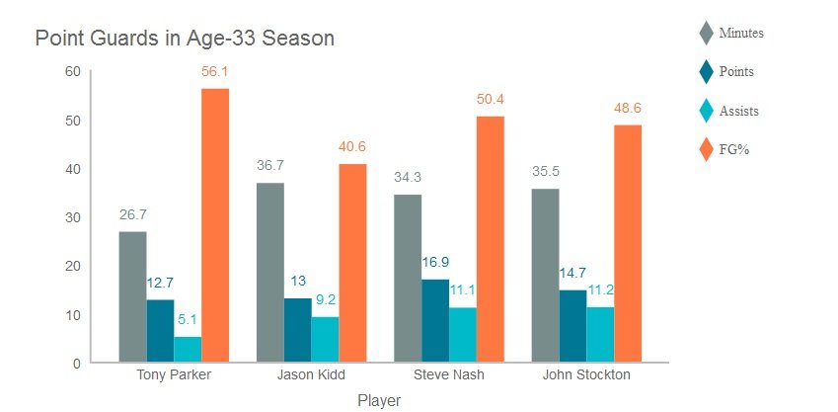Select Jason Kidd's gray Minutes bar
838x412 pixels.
270,273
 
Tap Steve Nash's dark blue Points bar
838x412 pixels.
435,321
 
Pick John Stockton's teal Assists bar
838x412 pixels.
600,335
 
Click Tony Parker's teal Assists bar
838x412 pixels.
188,350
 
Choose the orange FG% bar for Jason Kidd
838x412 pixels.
352,263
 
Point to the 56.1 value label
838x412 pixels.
215,72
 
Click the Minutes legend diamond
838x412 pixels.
706,33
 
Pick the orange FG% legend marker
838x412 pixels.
706,149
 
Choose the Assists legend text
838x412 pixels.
739,111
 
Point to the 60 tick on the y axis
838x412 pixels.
73,71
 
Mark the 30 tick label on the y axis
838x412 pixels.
73,217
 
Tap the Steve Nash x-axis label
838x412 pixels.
448,376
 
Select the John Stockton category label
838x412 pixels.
586,376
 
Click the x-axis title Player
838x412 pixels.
379,400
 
